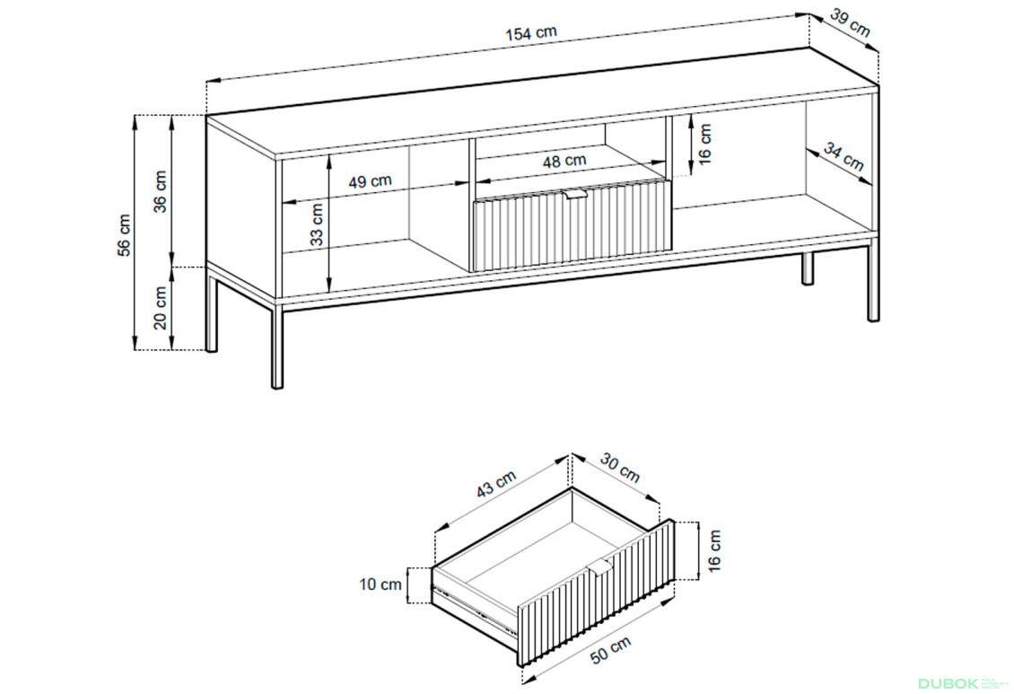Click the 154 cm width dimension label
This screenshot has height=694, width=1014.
(531, 33)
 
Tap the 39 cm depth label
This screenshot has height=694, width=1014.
(850, 22)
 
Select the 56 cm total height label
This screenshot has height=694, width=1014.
(124, 235)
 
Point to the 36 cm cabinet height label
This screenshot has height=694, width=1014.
(160, 191)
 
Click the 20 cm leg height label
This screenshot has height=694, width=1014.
(160, 307)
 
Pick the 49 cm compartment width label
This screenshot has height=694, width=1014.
(370, 181)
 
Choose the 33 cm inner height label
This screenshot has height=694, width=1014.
(316, 225)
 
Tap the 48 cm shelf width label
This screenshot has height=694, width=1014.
(564, 161)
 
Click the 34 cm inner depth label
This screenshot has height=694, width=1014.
(844, 157)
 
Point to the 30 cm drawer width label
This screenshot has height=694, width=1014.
(620, 468)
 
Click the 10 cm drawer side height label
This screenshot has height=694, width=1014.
(380, 584)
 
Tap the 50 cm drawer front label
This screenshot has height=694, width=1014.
(610, 649)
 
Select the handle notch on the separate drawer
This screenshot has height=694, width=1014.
(600, 567)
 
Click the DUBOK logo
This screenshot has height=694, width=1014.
(948, 683)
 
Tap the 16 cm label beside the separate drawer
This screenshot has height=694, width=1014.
(714, 551)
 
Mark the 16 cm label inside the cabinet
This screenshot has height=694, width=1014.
(705, 145)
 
